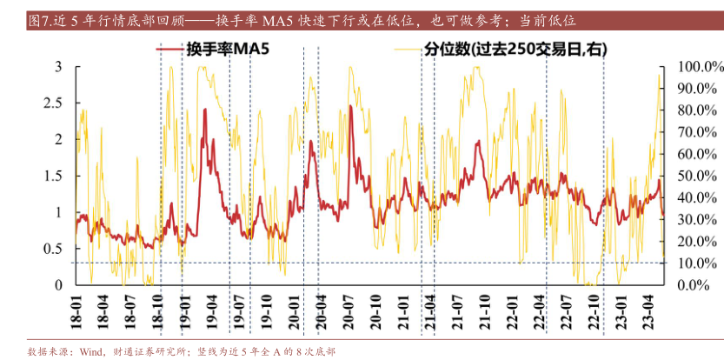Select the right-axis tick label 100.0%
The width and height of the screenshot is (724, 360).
click(x=692, y=67)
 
